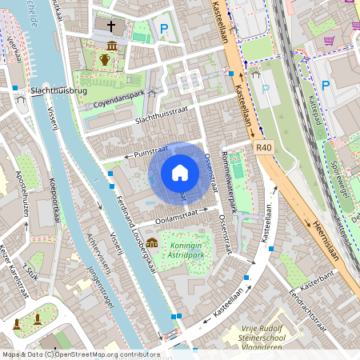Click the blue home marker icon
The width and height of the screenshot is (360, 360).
click(180, 173)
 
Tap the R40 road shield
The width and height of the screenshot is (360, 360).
click(265, 148)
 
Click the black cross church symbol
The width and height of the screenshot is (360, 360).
click(110, 26)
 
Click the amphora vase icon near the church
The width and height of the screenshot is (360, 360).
click(105, 58)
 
